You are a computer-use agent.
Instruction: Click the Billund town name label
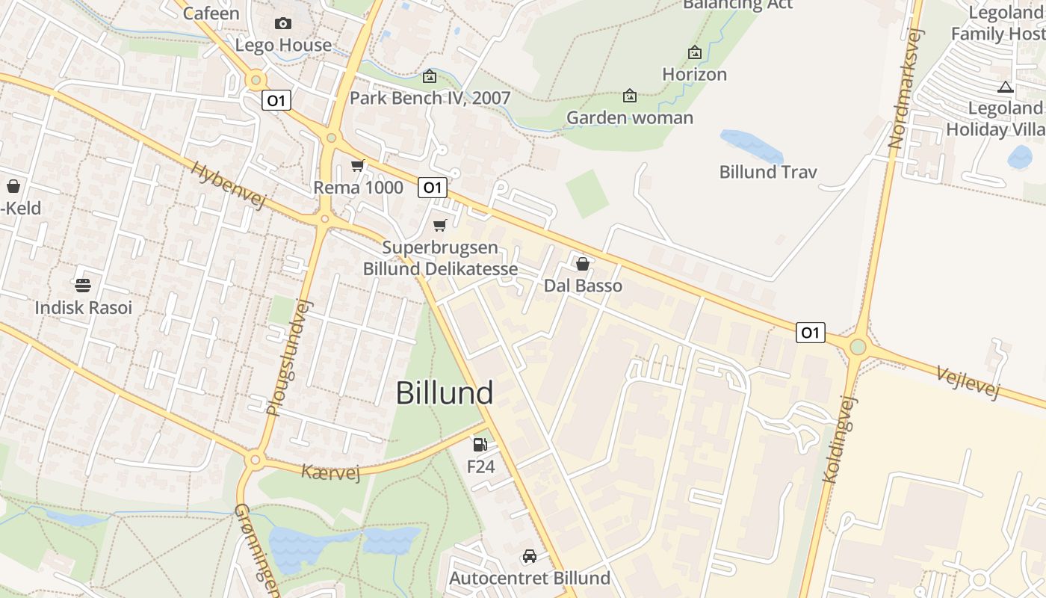(x=445, y=392)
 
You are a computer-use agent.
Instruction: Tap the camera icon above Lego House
(x=283, y=23)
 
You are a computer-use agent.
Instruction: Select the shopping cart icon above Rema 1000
(x=358, y=165)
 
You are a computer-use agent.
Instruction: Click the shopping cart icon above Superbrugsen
(x=440, y=225)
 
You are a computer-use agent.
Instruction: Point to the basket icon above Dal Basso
(x=583, y=264)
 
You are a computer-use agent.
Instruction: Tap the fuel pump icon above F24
(x=480, y=445)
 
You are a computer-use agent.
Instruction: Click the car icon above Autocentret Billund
(x=530, y=556)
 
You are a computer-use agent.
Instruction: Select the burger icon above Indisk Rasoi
(x=83, y=285)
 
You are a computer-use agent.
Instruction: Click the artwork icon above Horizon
(x=694, y=52)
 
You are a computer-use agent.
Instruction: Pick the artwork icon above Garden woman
(x=630, y=96)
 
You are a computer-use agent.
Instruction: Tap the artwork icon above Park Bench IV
(x=430, y=76)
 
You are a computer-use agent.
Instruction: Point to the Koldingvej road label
(x=841, y=439)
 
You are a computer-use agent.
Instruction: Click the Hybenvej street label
(x=229, y=185)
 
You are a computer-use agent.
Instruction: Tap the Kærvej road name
(x=330, y=472)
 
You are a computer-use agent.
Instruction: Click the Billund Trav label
(x=768, y=172)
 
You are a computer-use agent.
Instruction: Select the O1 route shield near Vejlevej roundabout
(x=811, y=333)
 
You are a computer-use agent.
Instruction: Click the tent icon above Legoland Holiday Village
(x=1005, y=87)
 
